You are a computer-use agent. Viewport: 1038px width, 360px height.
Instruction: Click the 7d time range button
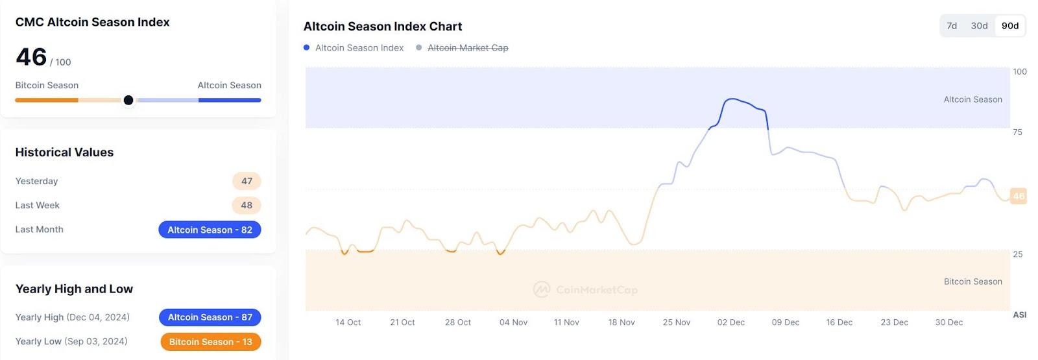(x=952, y=26)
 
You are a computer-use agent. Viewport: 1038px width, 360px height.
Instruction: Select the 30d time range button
(x=979, y=26)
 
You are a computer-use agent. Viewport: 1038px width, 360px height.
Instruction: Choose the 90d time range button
(x=1010, y=26)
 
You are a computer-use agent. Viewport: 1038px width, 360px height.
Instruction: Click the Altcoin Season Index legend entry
(x=359, y=48)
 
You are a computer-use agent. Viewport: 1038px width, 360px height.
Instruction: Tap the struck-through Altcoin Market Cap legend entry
(x=468, y=48)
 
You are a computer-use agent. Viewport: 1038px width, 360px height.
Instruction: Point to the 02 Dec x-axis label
(x=730, y=322)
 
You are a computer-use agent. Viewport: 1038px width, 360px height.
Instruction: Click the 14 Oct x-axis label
(x=348, y=322)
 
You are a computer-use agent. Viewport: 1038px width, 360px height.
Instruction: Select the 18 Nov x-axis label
(x=622, y=322)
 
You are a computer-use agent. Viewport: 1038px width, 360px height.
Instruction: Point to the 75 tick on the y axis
(x=1017, y=132)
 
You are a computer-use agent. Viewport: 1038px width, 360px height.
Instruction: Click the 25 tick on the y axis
(x=1017, y=254)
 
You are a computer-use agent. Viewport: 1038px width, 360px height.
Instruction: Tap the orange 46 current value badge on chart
(x=1019, y=196)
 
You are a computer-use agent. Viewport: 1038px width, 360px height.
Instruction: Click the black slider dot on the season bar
(x=128, y=100)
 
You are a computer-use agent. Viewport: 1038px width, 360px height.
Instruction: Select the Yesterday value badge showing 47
(x=247, y=181)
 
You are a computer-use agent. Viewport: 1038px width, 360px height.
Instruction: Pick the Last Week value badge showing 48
(x=247, y=205)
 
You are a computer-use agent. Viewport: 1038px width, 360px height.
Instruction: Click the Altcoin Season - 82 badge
(x=210, y=230)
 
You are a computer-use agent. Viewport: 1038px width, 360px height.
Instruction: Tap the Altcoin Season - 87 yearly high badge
(x=210, y=317)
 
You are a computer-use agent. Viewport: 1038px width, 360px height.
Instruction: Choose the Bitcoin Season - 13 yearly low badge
(x=210, y=342)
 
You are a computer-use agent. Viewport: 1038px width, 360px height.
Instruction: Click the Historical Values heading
(x=64, y=152)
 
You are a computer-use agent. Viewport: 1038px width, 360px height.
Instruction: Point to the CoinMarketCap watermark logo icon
(x=541, y=289)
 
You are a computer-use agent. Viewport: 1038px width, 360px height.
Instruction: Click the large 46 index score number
(x=31, y=57)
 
